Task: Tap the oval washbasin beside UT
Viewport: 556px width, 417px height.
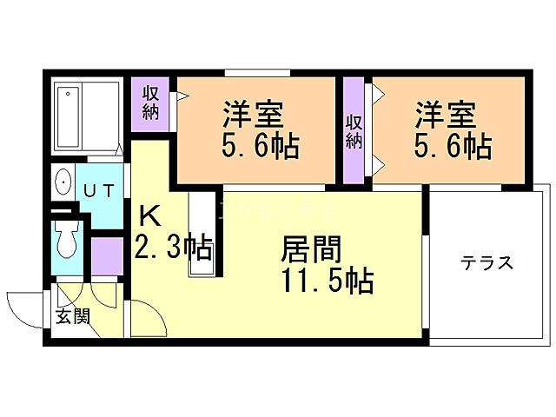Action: click(63, 182)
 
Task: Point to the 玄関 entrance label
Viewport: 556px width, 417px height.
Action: click(73, 316)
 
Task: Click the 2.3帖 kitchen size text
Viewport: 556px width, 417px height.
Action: click(173, 249)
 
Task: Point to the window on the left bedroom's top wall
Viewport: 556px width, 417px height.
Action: click(257, 73)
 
